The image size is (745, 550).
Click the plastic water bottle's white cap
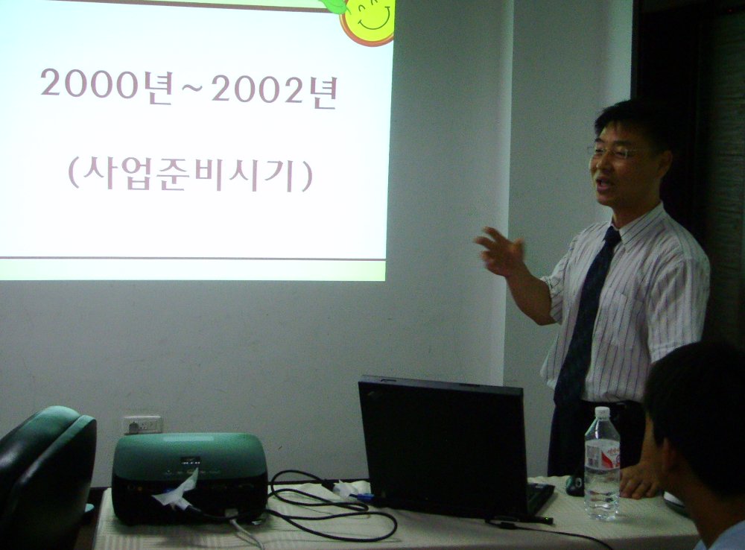pos(601,412)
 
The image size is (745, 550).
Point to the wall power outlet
pos(142,425)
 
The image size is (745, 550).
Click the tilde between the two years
pos(191,91)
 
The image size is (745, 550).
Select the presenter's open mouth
pos(603,183)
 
